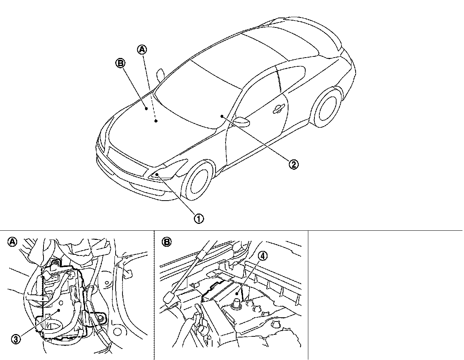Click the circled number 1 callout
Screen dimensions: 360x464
pyautogui.click(x=199, y=219)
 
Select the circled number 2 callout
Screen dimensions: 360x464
pyautogui.click(x=293, y=164)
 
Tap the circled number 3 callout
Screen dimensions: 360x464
pyautogui.click(x=16, y=339)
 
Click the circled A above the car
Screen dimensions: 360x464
pyautogui.click(x=142, y=49)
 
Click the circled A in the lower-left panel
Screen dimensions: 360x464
pyautogui.click(x=13, y=241)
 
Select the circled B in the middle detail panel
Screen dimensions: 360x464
pyautogui.click(x=167, y=241)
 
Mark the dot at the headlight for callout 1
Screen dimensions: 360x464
pyautogui.click(x=156, y=174)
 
